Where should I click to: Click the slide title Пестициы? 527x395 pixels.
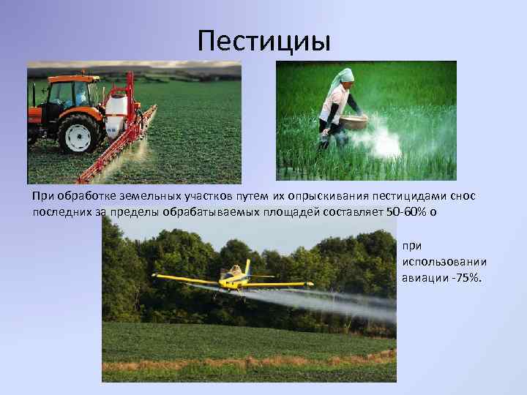pos(264,40)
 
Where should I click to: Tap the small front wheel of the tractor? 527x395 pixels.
pos(33,135)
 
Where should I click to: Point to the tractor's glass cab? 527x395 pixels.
pos(72,93)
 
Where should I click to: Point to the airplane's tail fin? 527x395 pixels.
pos(247,266)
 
